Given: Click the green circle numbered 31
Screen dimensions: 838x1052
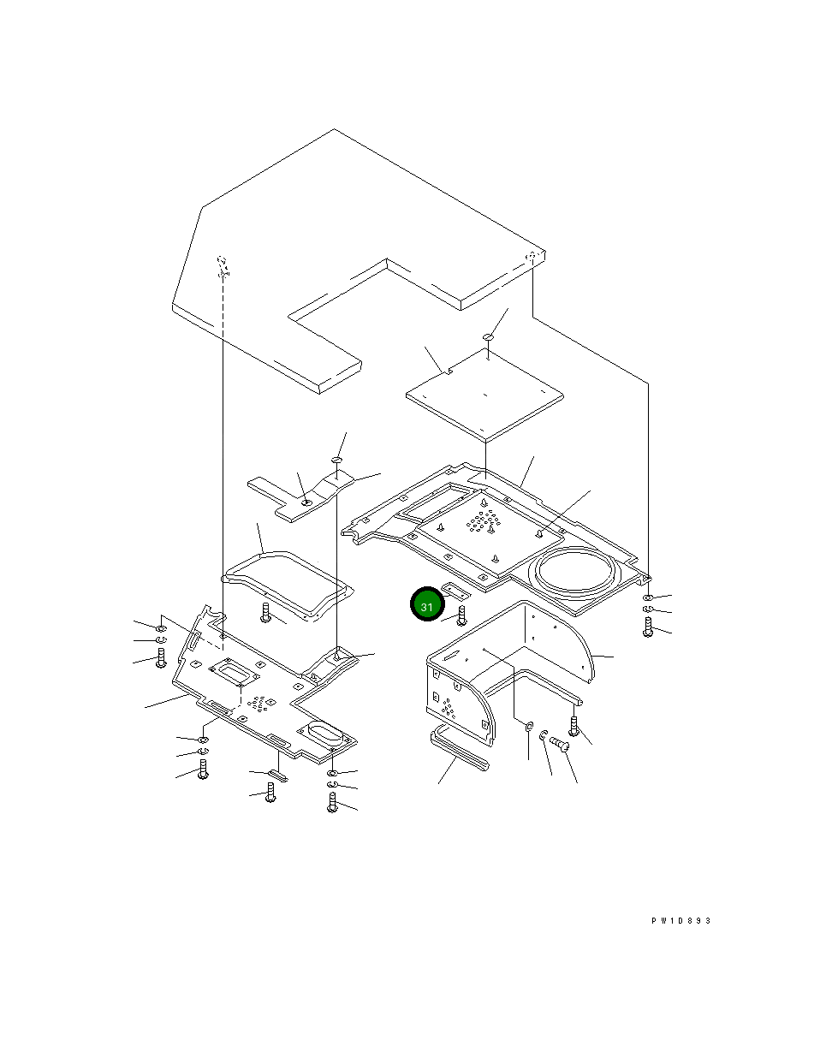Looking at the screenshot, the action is pyautogui.click(x=427, y=604).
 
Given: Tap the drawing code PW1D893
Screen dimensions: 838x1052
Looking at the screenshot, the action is pyautogui.click(x=681, y=920).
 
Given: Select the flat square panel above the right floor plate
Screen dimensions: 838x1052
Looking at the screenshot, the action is pyautogui.click(x=484, y=395).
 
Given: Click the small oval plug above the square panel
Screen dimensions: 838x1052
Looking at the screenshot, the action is pyautogui.click(x=488, y=336).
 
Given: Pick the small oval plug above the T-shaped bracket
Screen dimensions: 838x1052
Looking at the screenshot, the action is pyautogui.click(x=336, y=460).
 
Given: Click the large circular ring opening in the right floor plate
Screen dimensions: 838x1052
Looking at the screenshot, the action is pyautogui.click(x=575, y=570).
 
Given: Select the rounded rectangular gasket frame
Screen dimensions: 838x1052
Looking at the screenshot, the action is pyautogui.click(x=288, y=586).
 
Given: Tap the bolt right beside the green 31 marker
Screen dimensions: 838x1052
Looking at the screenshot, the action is pyautogui.click(x=461, y=615).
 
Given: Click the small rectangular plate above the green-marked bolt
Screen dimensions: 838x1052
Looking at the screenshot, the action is pyautogui.click(x=455, y=591).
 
